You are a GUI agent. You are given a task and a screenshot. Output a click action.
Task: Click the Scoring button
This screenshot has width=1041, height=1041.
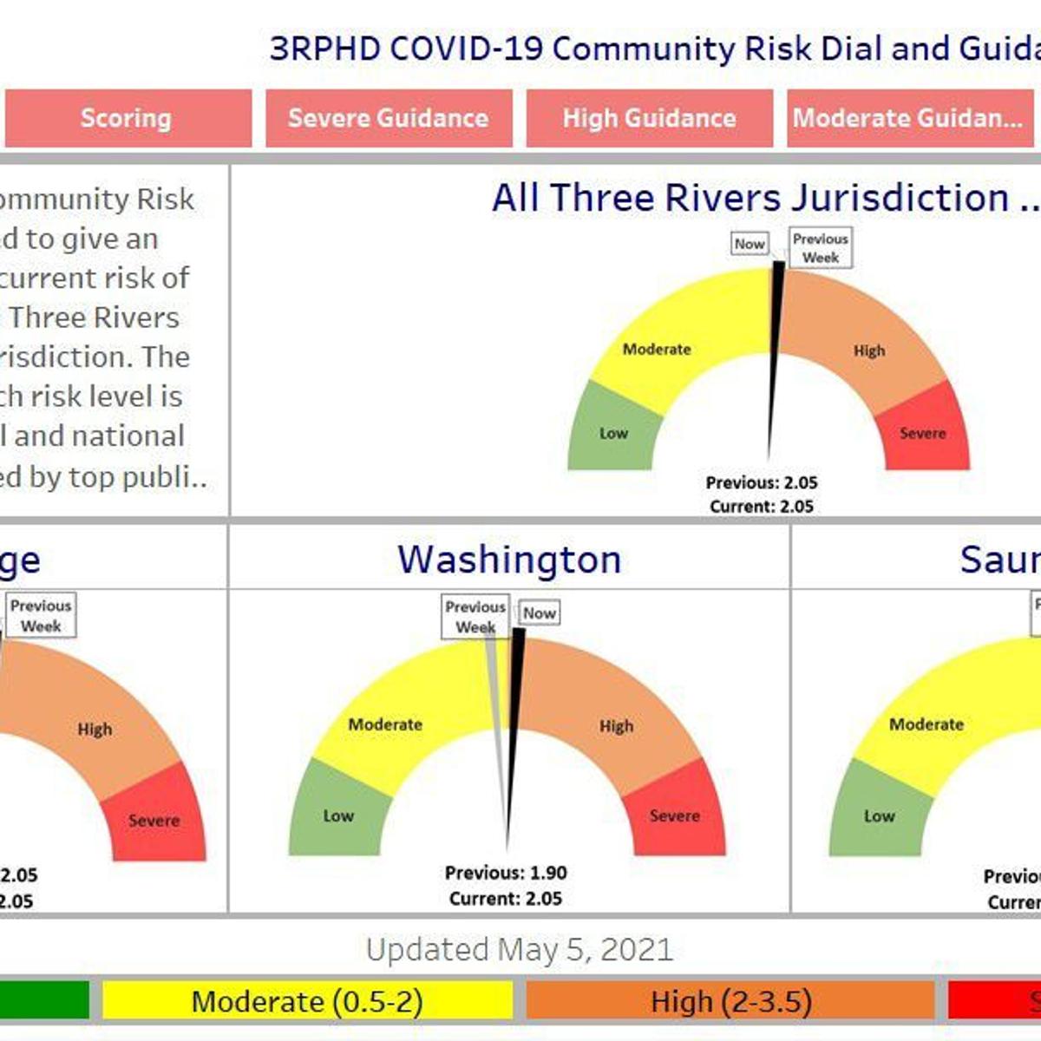(127, 118)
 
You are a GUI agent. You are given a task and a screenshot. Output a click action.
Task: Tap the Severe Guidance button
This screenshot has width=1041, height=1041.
(388, 118)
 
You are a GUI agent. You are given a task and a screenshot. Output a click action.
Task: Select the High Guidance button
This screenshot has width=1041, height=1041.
(649, 118)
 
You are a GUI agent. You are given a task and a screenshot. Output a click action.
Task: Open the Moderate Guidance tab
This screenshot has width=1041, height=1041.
(907, 118)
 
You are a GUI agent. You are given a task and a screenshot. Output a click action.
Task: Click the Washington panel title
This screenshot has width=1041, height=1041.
(509, 560)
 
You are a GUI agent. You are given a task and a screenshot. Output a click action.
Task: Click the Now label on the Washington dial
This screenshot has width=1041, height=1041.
(539, 612)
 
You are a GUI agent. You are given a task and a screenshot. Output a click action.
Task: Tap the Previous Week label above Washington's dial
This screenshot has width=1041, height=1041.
(475, 617)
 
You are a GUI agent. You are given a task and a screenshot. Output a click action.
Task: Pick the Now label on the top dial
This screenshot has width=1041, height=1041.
(750, 244)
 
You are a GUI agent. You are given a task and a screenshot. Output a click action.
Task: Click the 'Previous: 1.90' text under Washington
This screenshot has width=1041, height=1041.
(506, 873)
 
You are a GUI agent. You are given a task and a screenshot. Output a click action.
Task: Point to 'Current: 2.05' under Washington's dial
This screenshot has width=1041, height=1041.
(506, 899)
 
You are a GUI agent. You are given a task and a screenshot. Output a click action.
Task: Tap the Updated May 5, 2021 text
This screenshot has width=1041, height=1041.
(519, 950)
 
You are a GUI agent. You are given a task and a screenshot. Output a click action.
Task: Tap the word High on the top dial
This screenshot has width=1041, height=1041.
(868, 350)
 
